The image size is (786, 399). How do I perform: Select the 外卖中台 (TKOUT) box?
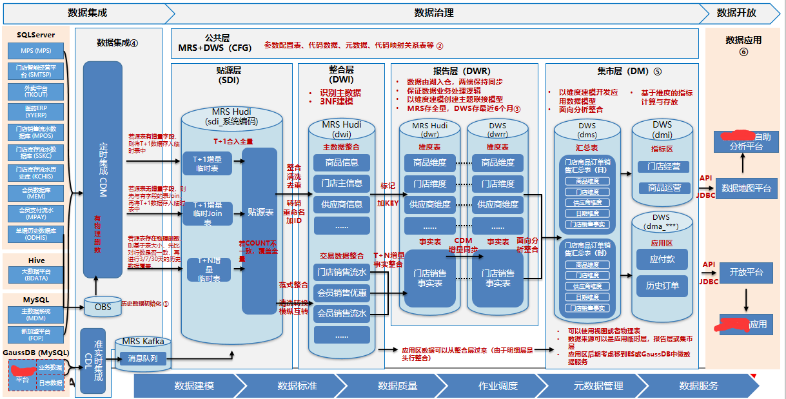click(35, 91)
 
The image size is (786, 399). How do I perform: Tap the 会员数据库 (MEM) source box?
click(35, 193)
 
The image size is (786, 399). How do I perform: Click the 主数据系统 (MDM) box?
click(35, 315)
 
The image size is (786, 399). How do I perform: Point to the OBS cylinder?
click(103, 306)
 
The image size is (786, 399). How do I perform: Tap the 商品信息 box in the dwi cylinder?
click(342, 162)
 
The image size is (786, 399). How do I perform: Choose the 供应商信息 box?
click(342, 204)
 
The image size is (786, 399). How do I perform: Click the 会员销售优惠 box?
click(342, 293)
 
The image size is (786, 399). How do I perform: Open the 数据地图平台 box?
click(746, 188)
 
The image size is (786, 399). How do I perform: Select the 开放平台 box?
click(746, 272)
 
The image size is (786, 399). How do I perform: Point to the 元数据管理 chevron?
click(598, 385)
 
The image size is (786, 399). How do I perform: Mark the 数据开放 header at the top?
click(736, 12)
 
